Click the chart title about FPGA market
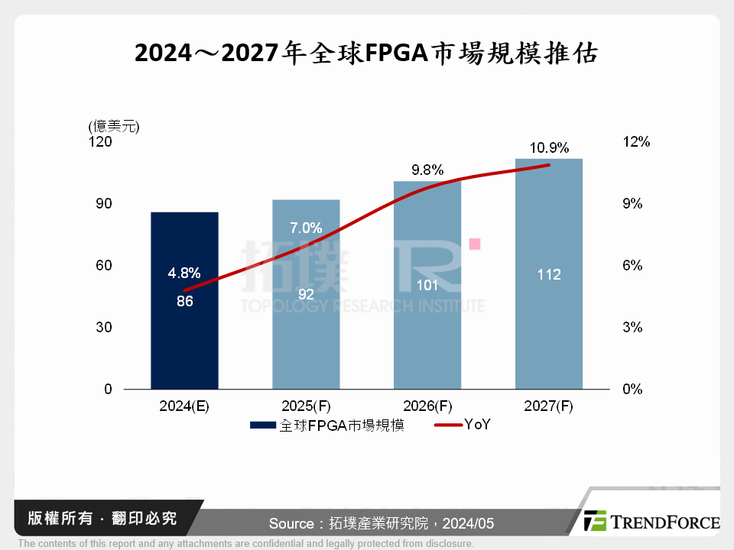pos(366,54)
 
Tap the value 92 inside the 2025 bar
pos(306,293)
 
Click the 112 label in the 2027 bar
pos(548,274)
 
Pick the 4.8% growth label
pos(184,273)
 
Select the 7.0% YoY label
pos(306,228)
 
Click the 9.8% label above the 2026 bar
pos(427,170)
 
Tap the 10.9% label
pos(548,148)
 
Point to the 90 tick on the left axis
pos(103,204)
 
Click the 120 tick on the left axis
pos(102,142)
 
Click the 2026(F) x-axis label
pos(427,406)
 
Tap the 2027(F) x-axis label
pos(548,406)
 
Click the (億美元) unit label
pos(114,126)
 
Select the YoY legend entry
pos(463,425)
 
